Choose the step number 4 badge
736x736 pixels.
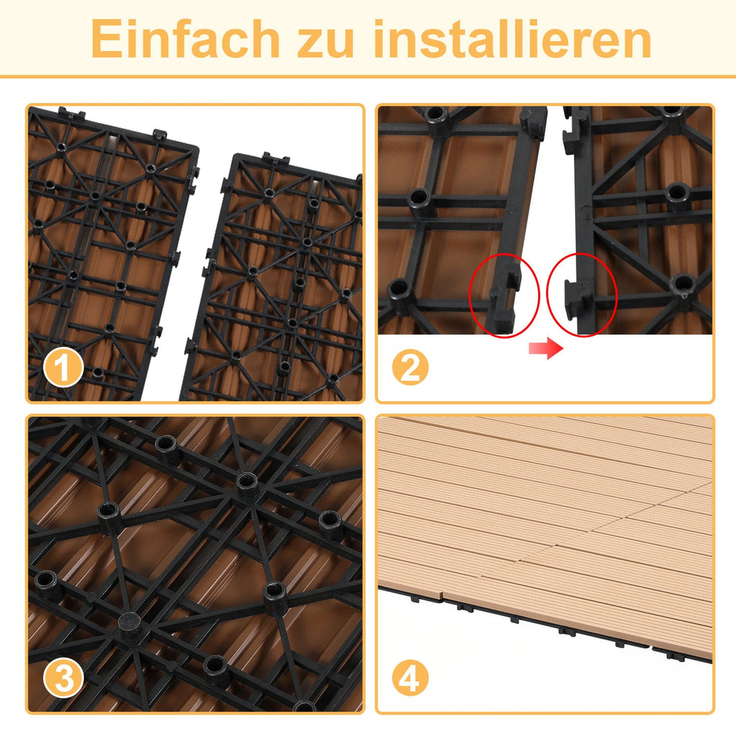410,678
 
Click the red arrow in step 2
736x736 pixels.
545,349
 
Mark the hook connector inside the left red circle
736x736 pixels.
505,295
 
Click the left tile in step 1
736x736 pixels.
101,252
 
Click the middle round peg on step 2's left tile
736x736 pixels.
420,199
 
